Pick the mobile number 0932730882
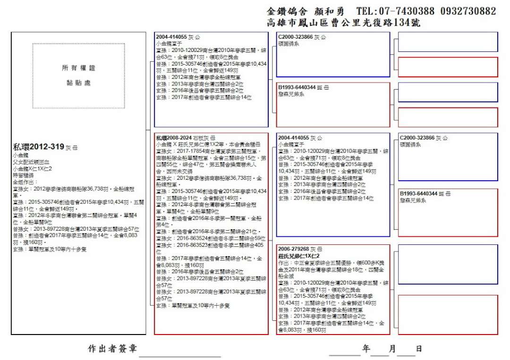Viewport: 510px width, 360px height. tap(467, 11)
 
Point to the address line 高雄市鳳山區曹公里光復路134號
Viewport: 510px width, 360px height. tap(343, 23)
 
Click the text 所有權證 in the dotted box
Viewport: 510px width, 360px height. tap(78, 68)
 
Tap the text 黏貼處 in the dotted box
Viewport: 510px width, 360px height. tap(78, 83)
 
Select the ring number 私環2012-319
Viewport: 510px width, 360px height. tap(39, 147)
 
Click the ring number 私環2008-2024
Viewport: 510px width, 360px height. tap(173, 138)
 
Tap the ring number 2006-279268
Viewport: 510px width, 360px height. tap(293, 249)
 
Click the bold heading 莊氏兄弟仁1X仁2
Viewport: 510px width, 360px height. tap(299, 255)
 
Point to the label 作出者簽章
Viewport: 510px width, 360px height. tap(112, 349)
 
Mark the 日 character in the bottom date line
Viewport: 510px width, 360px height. tap(418, 349)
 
